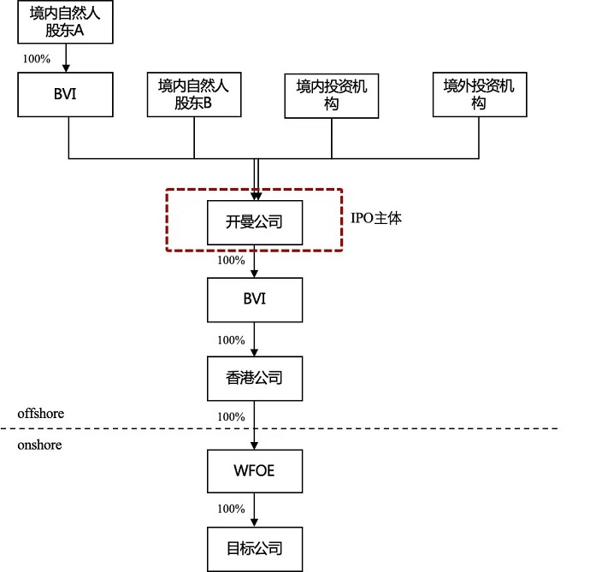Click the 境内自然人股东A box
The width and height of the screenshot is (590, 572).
[67, 23]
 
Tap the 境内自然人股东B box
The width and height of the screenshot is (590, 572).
[194, 94]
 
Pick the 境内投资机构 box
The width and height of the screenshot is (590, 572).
[332, 94]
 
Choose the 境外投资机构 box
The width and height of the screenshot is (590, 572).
[479, 94]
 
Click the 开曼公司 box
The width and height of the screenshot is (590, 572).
[255, 222]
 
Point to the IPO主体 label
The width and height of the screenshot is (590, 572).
[376, 218]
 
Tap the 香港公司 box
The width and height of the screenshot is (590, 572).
[255, 378]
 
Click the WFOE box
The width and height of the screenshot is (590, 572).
[255, 470]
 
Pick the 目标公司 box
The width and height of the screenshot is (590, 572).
[255, 549]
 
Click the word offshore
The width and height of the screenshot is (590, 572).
[41, 414]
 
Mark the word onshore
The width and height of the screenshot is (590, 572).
[39, 445]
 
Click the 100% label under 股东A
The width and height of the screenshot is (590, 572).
[37, 59]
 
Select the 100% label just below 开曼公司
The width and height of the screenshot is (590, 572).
[231, 261]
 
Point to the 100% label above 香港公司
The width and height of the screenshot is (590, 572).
[231, 339]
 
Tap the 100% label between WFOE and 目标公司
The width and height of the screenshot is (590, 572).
[231, 509]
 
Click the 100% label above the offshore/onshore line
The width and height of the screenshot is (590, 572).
[231, 416]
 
